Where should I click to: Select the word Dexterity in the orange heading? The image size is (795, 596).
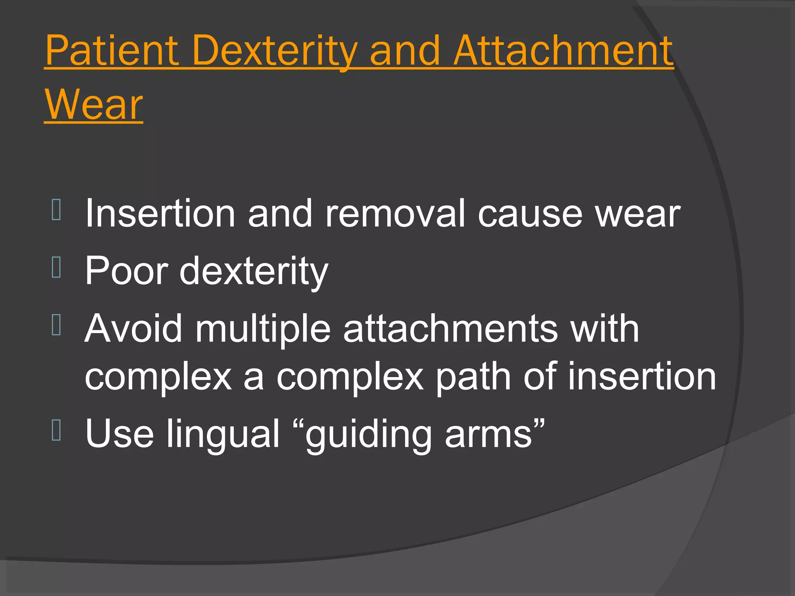tap(274, 51)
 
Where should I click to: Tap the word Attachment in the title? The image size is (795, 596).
tap(563, 51)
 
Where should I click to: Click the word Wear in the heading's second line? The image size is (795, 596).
tap(94, 105)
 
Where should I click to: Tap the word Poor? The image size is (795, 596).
tap(126, 271)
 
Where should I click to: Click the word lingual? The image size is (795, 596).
tap(223, 433)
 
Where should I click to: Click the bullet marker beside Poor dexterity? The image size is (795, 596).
tap(56, 268)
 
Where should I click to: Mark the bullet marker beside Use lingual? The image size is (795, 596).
tap(56, 430)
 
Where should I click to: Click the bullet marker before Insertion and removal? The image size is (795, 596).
tap(56, 210)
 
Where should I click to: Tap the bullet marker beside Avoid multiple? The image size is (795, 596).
tap(56, 325)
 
